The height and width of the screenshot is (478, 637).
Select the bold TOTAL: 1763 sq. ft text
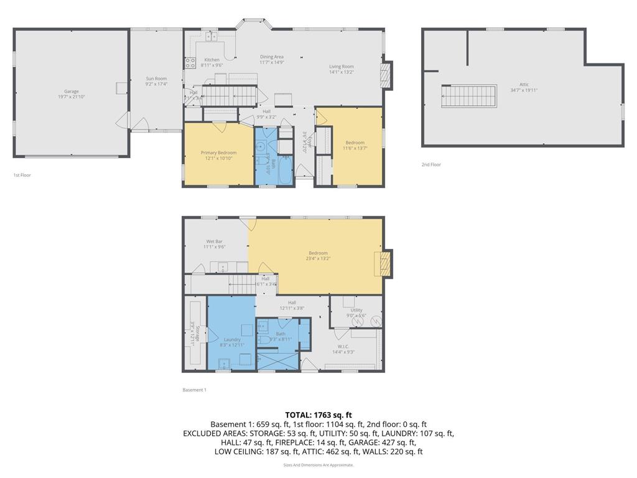pos(318,415)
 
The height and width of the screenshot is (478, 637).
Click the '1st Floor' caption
pos(22,176)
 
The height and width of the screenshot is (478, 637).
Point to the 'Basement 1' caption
pos(193,390)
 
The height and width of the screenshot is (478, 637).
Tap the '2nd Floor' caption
pos(430,165)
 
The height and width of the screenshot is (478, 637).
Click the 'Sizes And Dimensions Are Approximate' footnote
pos(318,465)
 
